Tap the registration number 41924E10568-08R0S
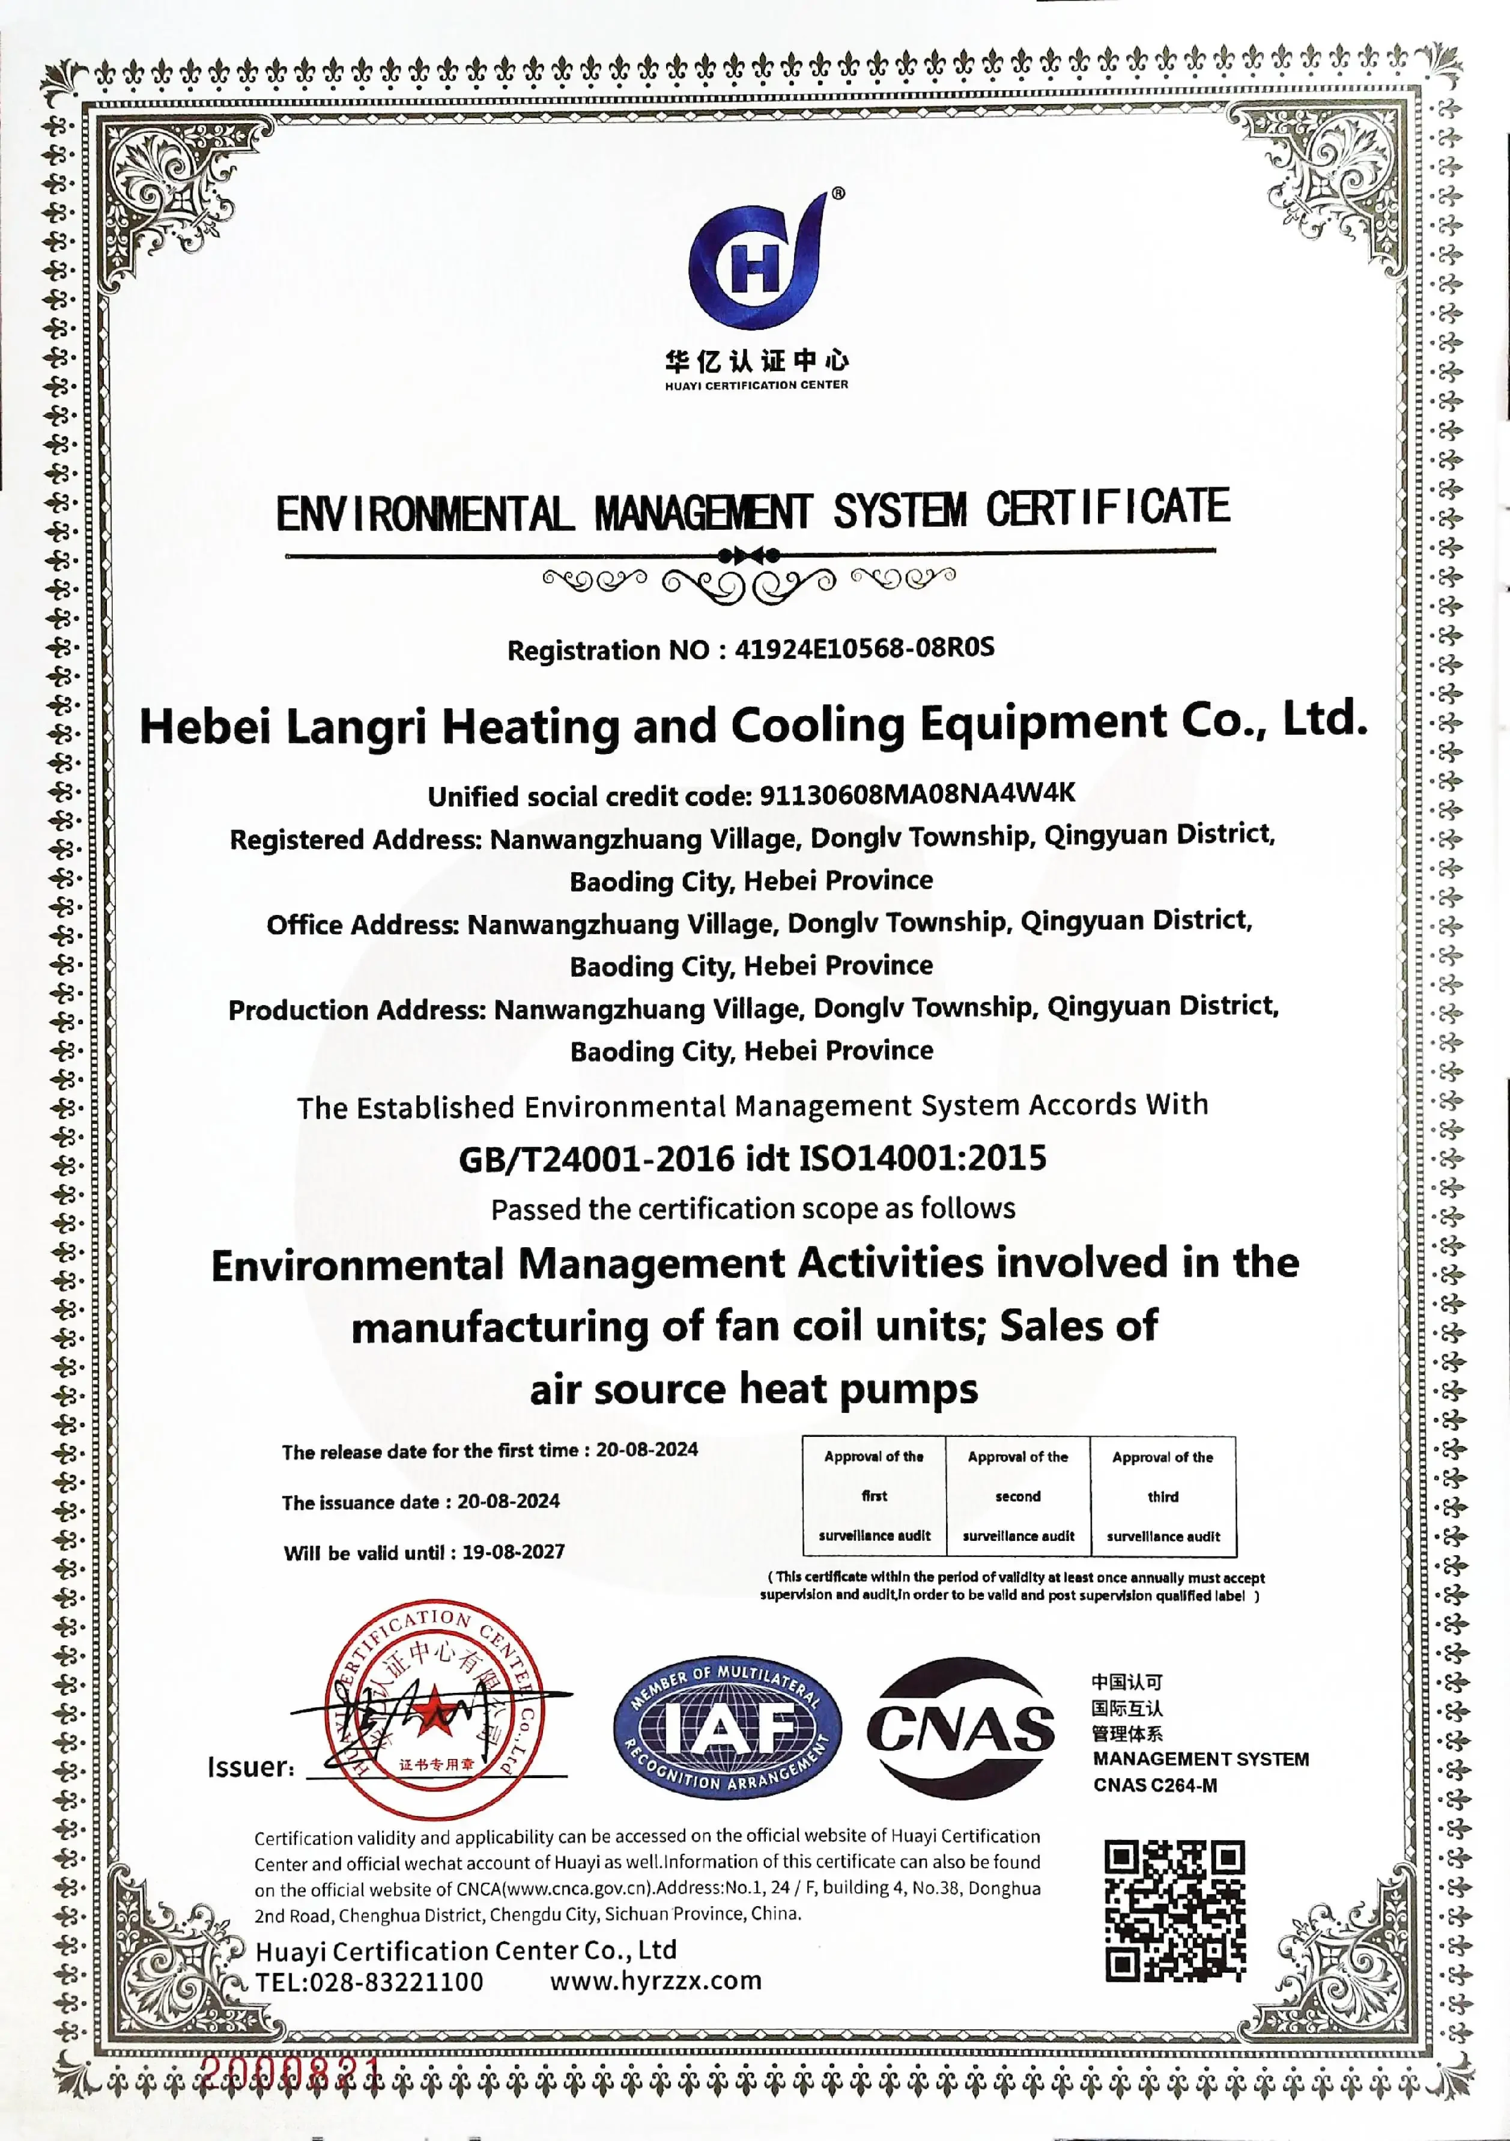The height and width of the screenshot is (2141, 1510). (x=864, y=648)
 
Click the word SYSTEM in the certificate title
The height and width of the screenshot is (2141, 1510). (x=900, y=511)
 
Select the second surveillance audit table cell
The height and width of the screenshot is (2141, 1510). (x=1018, y=1496)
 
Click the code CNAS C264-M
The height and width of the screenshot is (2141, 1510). (x=1155, y=1785)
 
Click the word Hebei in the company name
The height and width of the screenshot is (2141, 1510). (x=205, y=726)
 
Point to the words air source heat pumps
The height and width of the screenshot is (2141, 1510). (x=754, y=1389)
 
